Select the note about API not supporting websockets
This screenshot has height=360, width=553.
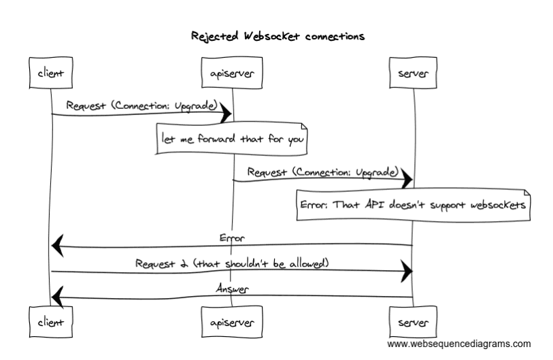pyautogui.click(x=413, y=205)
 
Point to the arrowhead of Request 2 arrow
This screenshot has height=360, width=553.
pyautogui.click(x=407, y=272)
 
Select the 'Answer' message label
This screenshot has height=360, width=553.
pyautogui.click(x=232, y=289)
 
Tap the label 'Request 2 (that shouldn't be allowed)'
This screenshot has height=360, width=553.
pyautogui.click(x=232, y=263)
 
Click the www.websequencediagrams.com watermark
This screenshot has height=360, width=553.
pyautogui.click(x=459, y=344)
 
